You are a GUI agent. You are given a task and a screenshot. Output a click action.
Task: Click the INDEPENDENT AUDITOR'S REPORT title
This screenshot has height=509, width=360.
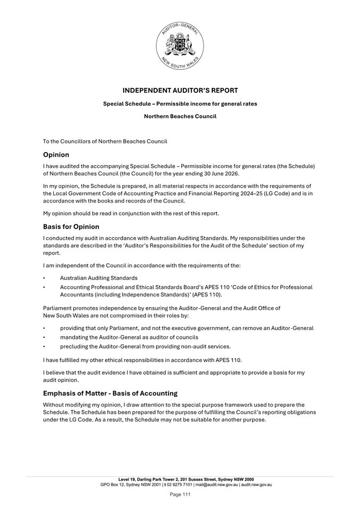coord(180,91)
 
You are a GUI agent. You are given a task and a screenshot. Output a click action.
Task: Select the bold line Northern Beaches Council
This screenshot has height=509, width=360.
coord(180,116)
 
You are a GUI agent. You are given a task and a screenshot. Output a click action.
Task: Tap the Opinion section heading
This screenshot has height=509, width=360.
coord(56,155)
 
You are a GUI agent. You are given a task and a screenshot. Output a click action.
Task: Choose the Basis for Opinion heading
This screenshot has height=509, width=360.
coord(71,227)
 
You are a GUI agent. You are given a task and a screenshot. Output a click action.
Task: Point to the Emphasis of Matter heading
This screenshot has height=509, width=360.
coord(110,393)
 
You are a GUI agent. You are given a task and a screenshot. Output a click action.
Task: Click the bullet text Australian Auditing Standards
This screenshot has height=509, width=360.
coord(99,278)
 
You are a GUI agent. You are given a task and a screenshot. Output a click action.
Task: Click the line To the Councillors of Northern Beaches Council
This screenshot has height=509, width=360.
coord(105,141)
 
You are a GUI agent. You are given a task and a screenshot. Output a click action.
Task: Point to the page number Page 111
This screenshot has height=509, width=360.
coord(180,495)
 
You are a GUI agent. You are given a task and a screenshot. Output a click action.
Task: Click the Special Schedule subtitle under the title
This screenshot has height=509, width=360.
coord(180,103)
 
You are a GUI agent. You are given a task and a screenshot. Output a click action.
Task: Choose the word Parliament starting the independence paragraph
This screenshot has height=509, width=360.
coord(58,308)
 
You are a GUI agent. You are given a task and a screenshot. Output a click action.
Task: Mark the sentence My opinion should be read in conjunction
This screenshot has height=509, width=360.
coord(131,214)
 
